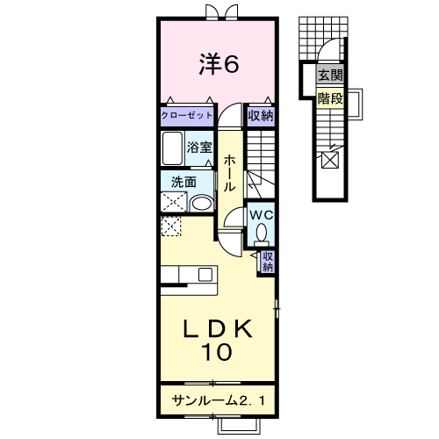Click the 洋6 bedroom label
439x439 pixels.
[x=219, y=63]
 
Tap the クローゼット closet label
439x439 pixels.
[x=187, y=115]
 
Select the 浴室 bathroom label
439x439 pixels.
[x=199, y=148]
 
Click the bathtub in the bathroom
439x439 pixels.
[x=173, y=148]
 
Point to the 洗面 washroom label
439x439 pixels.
[x=184, y=182]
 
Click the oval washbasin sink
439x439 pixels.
[x=201, y=203]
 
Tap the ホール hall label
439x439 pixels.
[x=229, y=173]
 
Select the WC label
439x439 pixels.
[x=262, y=215]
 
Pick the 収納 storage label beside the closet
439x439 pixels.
[x=261, y=116]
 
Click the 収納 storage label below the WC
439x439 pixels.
[x=268, y=262]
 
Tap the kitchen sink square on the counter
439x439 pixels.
[x=205, y=275]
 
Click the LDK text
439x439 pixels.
[x=218, y=328]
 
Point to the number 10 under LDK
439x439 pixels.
[x=217, y=352]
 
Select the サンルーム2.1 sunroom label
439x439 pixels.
[x=219, y=400]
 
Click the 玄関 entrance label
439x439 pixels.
[x=330, y=76]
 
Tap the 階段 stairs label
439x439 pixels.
[x=330, y=98]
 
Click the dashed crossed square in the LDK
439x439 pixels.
[x=171, y=226]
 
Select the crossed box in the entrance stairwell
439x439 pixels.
[x=330, y=160]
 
